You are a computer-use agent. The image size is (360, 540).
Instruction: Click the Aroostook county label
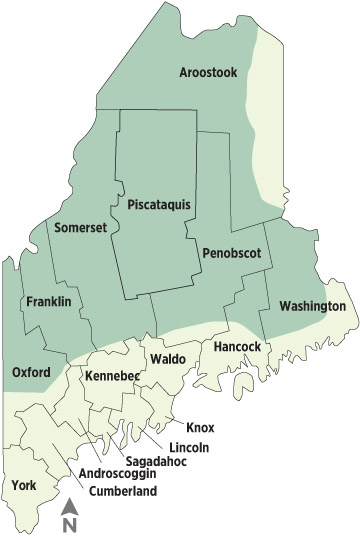pos(209,72)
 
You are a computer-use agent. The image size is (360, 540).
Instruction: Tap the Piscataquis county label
pos(159,205)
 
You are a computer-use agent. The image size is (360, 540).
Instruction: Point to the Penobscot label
pos(231,254)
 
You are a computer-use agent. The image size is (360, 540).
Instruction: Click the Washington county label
pos(312,306)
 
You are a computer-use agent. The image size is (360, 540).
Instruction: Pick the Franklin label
pos(48,301)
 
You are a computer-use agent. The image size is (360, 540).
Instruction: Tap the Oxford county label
pos(31,372)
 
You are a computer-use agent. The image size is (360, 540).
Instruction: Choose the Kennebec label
pos(112,376)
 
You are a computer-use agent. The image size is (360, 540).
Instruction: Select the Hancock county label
pos(238,347)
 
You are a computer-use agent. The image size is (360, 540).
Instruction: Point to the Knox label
pos(200,428)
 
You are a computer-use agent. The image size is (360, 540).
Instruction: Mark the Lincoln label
pos(189,448)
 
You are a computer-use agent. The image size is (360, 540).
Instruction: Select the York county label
pos(23,486)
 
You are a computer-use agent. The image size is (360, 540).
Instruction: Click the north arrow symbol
pos(70,508)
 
